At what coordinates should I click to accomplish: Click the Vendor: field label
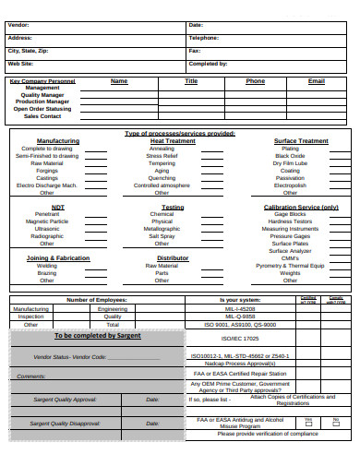(x=18, y=24)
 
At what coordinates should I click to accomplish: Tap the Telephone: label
(x=203, y=38)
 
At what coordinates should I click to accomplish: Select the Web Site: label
(x=20, y=64)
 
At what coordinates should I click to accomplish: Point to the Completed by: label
(x=208, y=64)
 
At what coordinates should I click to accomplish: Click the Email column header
(x=316, y=81)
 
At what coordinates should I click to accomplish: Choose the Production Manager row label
(x=42, y=102)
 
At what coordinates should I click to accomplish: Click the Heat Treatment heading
(x=173, y=141)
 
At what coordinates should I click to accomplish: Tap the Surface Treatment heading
(x=301, y=141)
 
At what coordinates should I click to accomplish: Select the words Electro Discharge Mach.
(x=47, y=185)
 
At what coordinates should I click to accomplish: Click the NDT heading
(x=58, y=208)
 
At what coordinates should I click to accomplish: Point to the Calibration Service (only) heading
(x=301, y=208)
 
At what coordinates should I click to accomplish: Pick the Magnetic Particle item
(x=47, y=221)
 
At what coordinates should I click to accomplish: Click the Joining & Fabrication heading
(x=58, y=258)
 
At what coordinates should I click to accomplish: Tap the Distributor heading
(x=173, y=258)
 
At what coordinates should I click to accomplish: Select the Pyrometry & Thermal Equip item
(x=290, y=266)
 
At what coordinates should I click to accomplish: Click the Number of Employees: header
(x=97, y=300)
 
